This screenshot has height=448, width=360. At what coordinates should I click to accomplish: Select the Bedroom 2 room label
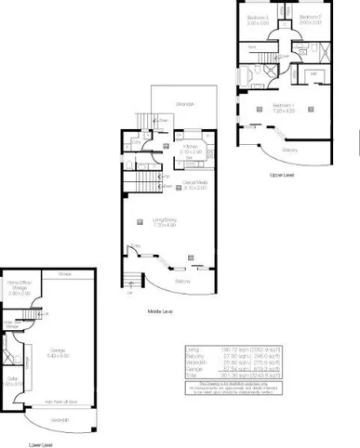309,20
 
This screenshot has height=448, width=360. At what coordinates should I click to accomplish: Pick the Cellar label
13,381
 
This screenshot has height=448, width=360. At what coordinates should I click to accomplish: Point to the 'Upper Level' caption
282,174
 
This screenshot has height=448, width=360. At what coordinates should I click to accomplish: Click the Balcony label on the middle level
185,281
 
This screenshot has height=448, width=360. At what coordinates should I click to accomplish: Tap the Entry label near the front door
136,245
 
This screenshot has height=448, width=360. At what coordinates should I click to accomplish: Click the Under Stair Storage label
11,323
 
